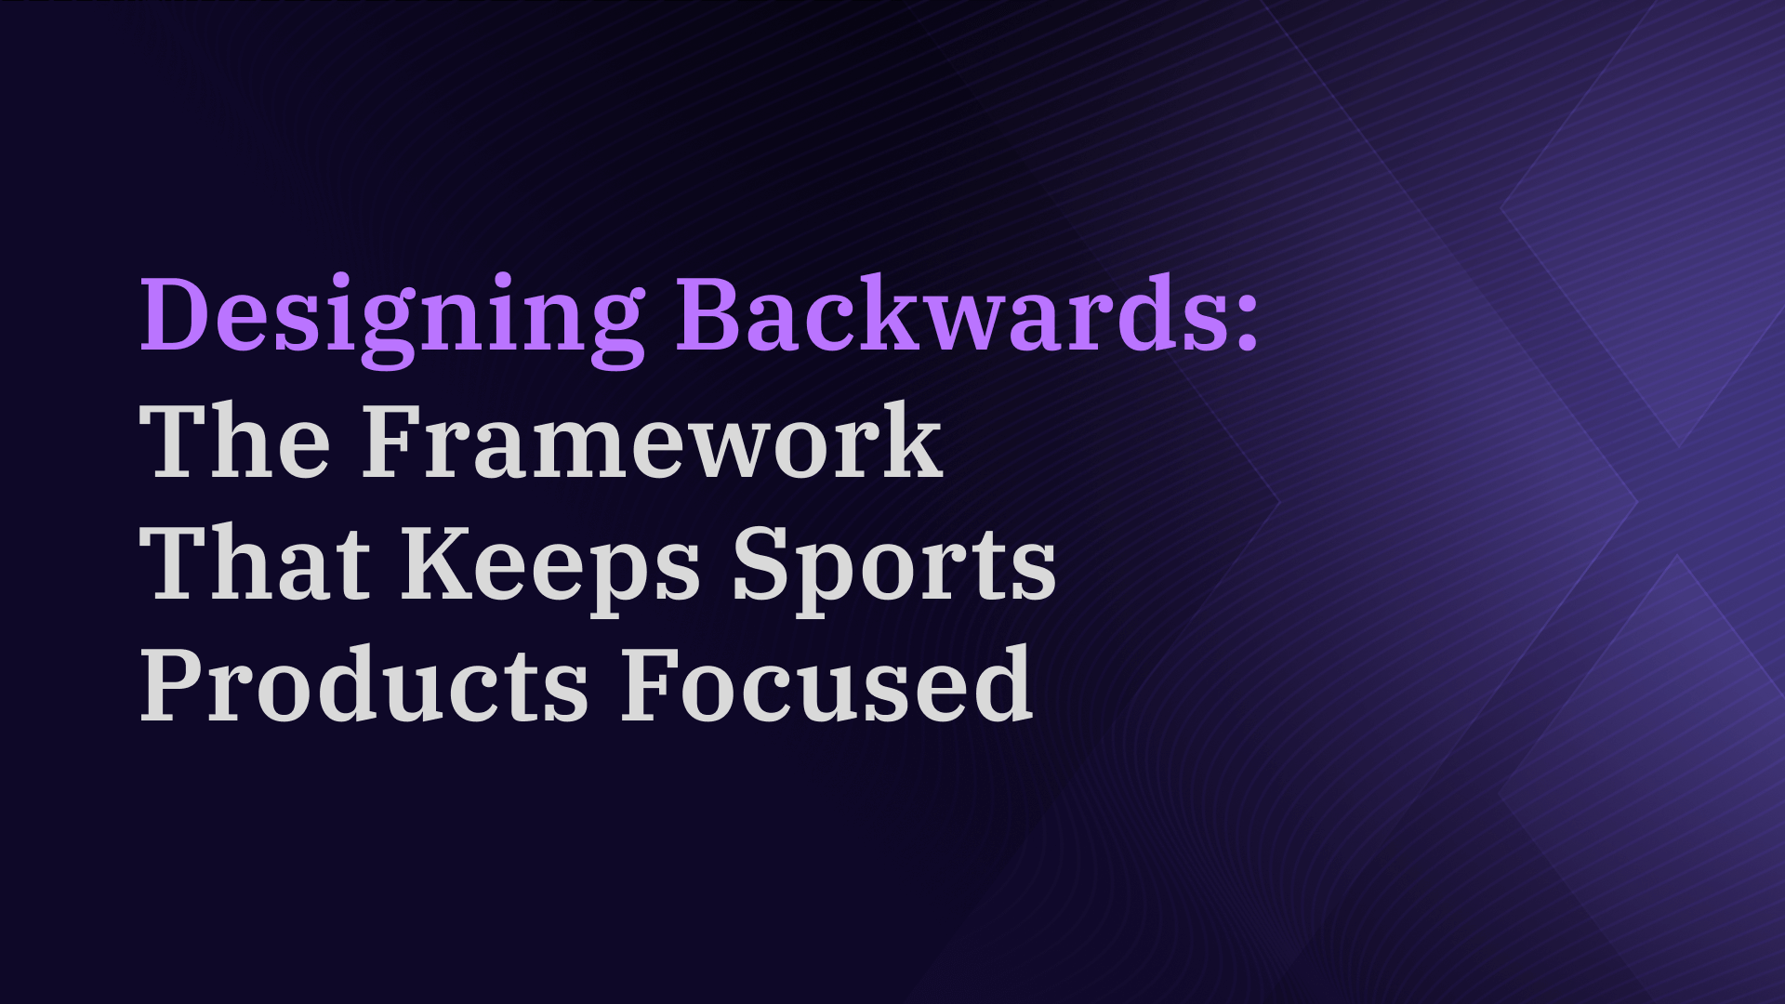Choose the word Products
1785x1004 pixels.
tap(364, 684)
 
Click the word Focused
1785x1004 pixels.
tap(826, 684)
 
